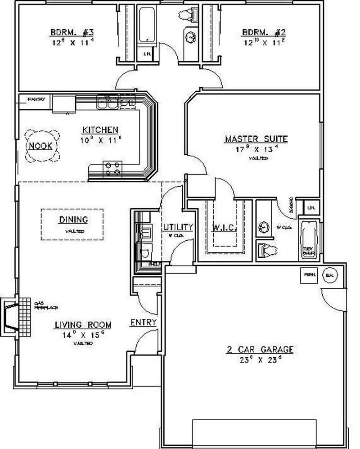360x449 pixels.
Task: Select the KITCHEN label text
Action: [100, 130]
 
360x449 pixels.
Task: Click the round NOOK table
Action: [41, 146]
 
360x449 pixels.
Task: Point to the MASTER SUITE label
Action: [256, 139]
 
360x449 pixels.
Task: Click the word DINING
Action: [73, 220]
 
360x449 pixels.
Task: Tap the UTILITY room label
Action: [178, 227]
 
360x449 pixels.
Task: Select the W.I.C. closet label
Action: [224, 227]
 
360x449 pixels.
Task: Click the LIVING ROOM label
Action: [83, 324]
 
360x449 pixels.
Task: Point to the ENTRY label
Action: [143, 323]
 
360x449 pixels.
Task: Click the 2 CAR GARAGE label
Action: [260, 349]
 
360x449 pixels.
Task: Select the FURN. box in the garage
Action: [310, 274]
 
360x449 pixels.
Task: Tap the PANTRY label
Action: [36, 99]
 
